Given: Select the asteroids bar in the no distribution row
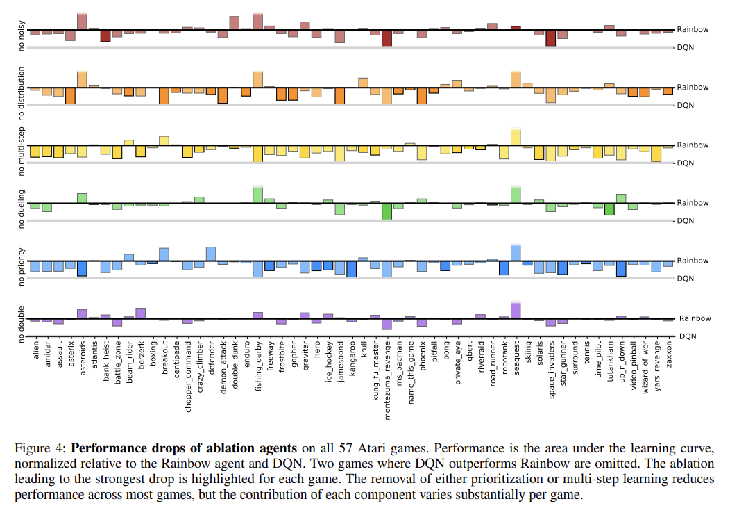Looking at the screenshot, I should tap(82, 79).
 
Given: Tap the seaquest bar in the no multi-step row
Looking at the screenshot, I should tap(516, 137).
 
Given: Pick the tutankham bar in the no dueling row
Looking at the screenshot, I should tap(609, 209).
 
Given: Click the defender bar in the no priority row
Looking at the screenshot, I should tap(211, 254).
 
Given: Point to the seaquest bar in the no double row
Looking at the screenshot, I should tap(516, 311).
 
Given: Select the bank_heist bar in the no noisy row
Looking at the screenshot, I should tap(105, 35).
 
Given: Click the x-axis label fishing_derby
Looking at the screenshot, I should tap(258, 361).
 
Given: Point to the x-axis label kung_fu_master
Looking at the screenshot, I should tap(375, 363).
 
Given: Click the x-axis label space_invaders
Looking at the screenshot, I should tap(551, 364).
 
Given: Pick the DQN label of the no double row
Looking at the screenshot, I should tap(686, 336).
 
